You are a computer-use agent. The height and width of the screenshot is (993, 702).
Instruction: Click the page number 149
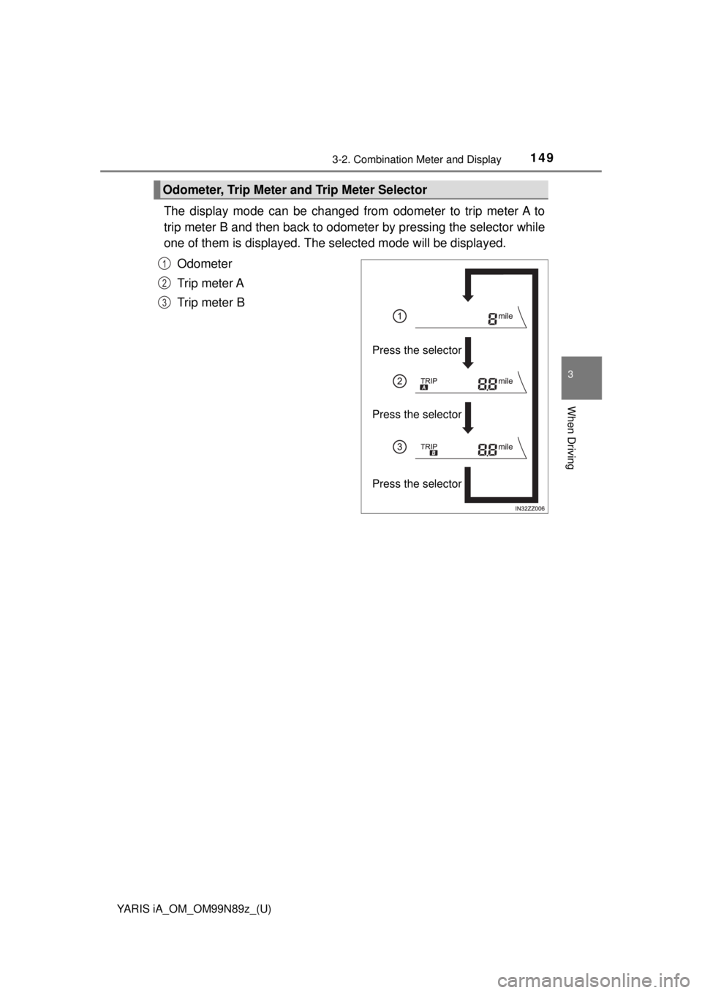[x=540, y=157]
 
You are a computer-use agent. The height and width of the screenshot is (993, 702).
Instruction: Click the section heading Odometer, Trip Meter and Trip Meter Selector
[x=295, y=190]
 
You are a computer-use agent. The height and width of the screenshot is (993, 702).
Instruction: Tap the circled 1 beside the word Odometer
[x=164, y=264]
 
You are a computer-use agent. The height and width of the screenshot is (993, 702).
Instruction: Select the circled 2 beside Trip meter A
[x=164, y=283]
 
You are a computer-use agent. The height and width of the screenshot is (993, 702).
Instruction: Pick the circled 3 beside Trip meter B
[x=164, y=303]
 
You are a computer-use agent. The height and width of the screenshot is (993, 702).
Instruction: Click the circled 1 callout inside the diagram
[x=399, y=317]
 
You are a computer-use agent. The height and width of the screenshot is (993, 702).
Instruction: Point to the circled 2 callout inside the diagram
[x=399, y=381]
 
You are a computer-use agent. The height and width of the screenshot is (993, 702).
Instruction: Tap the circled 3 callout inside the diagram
[x=399, y=447]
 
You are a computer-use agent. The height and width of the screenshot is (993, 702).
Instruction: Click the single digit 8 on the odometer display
[x=492, y=319]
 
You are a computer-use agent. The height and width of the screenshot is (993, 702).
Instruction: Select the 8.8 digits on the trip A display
[x=488, y=384]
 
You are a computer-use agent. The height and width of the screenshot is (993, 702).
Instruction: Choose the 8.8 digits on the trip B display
[x=488, y=450]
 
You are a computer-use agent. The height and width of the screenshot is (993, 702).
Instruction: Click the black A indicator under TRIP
[x=424, y=388]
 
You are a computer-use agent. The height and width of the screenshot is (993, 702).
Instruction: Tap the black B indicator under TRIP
[x=434, y=453]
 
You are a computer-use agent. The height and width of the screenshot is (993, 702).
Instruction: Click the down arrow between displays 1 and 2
[x=468, y=353]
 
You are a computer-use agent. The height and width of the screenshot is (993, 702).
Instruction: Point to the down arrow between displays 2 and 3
[x=468, y=418]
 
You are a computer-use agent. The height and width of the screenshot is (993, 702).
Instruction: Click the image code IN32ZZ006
[x=529, y=508]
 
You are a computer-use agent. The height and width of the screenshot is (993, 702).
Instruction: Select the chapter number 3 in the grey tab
[x=570, y=374]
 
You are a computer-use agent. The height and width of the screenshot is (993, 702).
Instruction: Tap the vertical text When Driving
[x=571, y=437]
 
